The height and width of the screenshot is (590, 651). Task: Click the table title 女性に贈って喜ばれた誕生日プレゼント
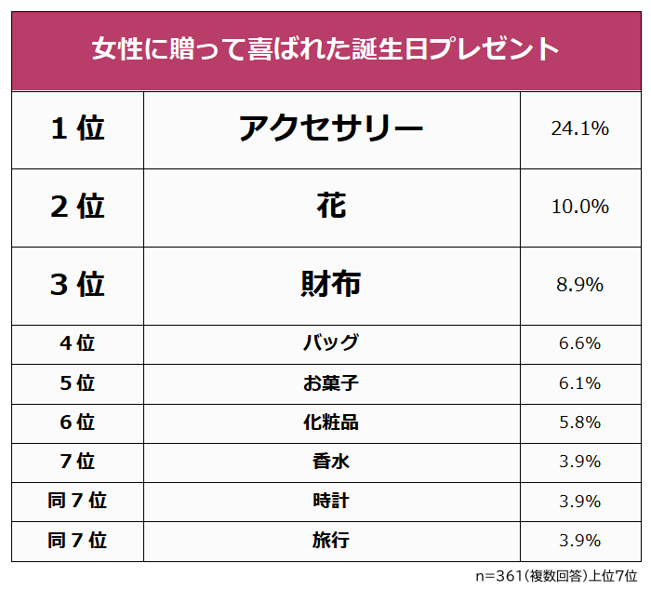(325, 48)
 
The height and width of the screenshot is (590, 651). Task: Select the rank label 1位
(77, 129)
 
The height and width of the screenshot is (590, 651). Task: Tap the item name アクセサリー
(331, 129)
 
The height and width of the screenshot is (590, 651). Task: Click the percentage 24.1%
(579, 129)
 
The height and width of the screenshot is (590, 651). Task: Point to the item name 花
(331, 207)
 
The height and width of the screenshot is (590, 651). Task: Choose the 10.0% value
(579, 207)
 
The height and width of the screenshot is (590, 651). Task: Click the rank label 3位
(77, 285)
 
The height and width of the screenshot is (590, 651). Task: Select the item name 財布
(331, 285)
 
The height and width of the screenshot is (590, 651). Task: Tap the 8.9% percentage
(579, 285)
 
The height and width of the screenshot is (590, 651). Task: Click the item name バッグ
(331, 343)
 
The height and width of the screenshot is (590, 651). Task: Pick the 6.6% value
(579, 343)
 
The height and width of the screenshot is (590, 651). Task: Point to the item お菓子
(331, 382)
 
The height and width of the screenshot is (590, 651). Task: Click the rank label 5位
(77, 382)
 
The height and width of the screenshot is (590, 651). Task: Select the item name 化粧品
(331, 422)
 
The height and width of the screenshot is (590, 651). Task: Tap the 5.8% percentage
(579, 422)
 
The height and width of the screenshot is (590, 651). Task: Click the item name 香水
(331, 462)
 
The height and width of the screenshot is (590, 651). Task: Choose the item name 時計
(331, 501)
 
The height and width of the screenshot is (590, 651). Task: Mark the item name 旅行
(331, 540)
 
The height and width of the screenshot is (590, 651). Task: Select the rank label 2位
(77, 207)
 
